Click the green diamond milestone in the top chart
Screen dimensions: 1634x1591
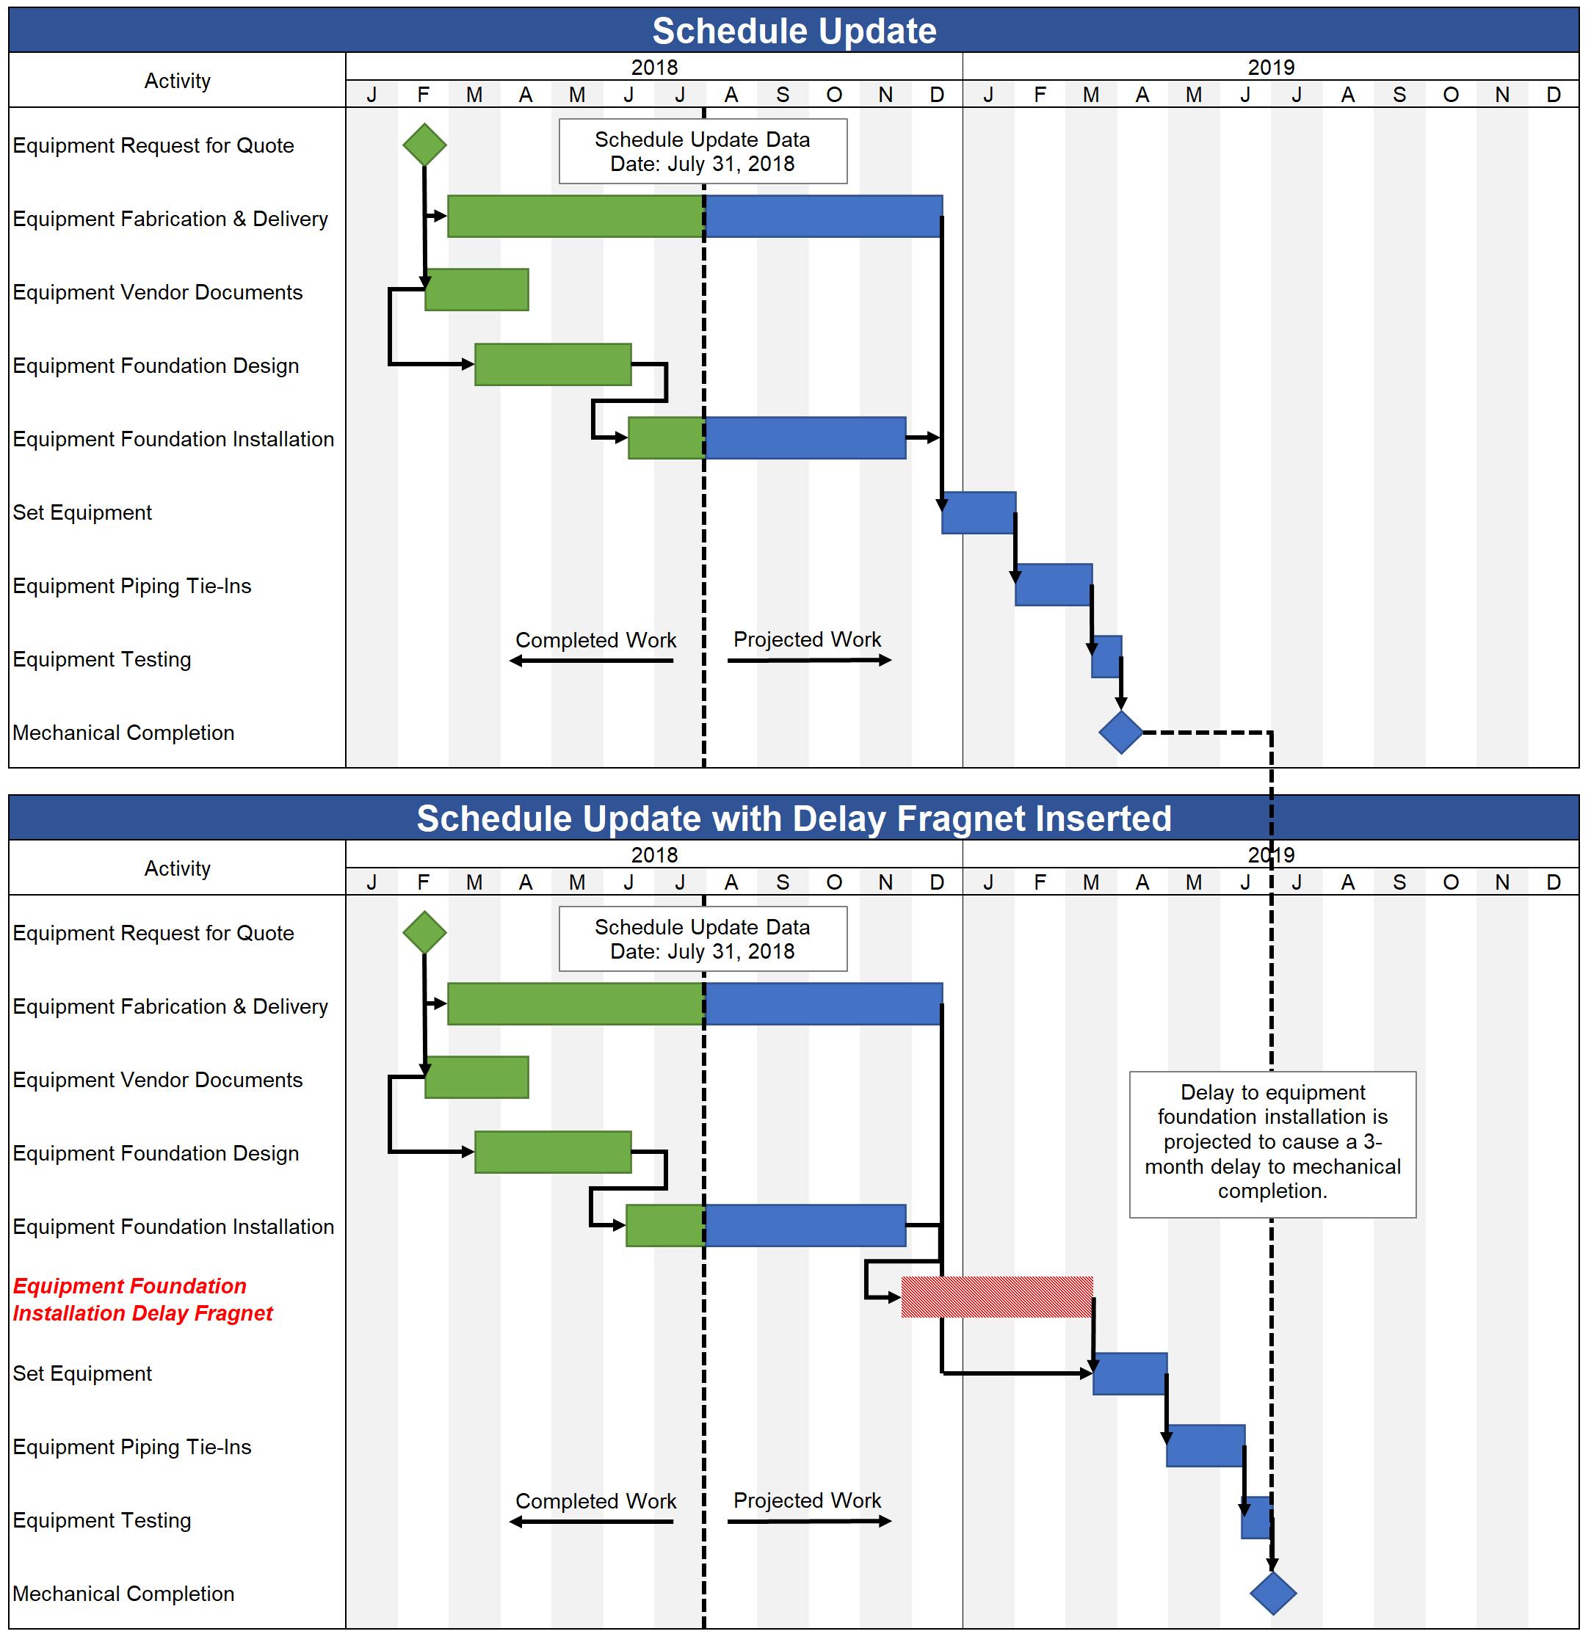(424, 145)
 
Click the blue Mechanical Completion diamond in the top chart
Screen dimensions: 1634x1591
(1120, 733)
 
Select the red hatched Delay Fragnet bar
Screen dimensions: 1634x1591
(997, 1296)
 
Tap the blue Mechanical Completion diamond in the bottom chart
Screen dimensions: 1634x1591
(1272, 1593)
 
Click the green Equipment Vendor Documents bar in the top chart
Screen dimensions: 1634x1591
(477, 290)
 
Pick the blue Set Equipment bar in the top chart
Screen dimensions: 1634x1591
(979, 513)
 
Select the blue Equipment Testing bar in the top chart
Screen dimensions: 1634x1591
(1106, 656)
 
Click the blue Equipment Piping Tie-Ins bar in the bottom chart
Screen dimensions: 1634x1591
(1205, 1446)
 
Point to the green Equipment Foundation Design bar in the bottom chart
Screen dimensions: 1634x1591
(552, 1152)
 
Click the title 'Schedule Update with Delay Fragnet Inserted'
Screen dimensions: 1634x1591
(794, 818)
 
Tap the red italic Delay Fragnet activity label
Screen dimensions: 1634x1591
(142, 1299)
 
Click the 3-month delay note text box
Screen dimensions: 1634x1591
(1272, 1144)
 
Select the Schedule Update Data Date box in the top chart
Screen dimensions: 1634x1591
(702, 151)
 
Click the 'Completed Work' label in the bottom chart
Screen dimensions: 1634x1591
(595, 1501)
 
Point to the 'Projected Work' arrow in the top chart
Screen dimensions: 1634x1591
(809, 661)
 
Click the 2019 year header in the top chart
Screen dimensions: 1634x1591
(1270, 67)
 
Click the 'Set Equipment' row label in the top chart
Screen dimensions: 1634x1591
(82, 512)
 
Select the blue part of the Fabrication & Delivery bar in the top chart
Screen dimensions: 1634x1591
(824, 217)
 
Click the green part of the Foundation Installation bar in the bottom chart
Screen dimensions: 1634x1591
(665, 1226)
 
